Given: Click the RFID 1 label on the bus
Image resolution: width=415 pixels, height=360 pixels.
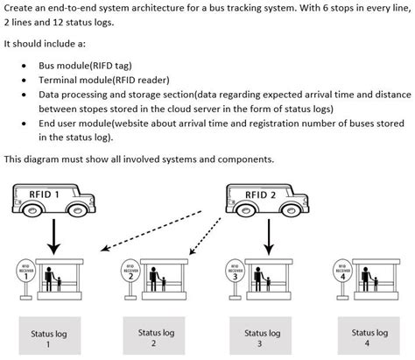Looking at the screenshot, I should (x=45, y=194).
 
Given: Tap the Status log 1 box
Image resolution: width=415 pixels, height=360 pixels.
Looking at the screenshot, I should (x=49, y=338).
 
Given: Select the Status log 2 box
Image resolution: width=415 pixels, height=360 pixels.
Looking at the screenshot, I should (x=155, y=338).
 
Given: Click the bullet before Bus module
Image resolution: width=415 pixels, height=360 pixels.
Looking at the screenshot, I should (x=21, y=65).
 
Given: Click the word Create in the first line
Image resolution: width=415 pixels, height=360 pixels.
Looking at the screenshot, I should (x=18, y=8).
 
